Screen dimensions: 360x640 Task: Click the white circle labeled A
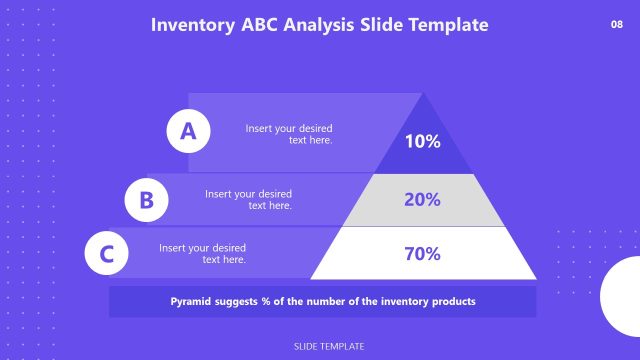pos(187,130)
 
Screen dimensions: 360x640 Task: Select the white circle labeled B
pos(146,199)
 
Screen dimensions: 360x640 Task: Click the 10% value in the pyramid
pos(422,142)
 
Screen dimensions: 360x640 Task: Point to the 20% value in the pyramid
pos(422,199)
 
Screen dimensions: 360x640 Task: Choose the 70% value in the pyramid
pos(422,253)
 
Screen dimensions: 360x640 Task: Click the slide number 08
pos(616,24)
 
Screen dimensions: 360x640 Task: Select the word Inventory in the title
pos(191,25)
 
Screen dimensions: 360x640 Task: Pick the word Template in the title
pos(447,25)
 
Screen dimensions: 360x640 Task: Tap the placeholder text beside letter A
pos(289,134)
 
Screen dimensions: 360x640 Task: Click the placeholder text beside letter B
pos(249,199)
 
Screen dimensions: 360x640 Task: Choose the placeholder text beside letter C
pos(203,253)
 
